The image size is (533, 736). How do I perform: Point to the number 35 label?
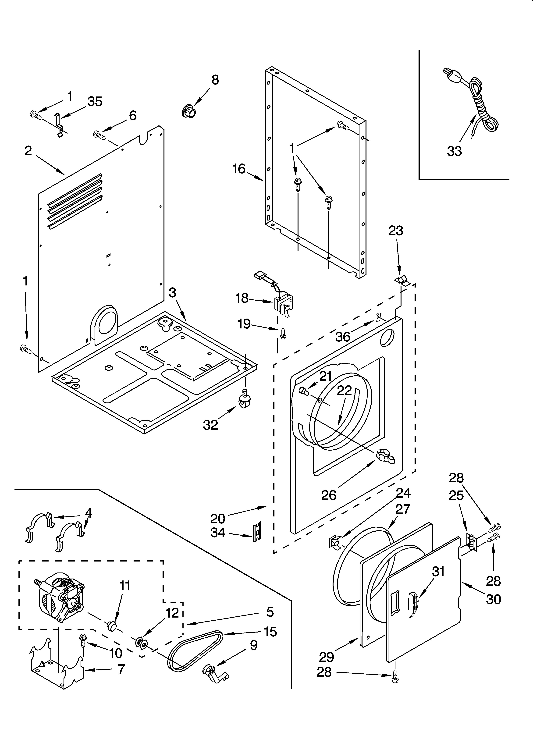click(x=95, y=102)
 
